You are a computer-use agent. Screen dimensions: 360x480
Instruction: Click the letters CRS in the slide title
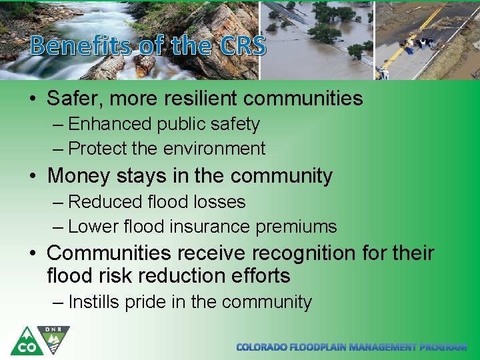tap(241, 45)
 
